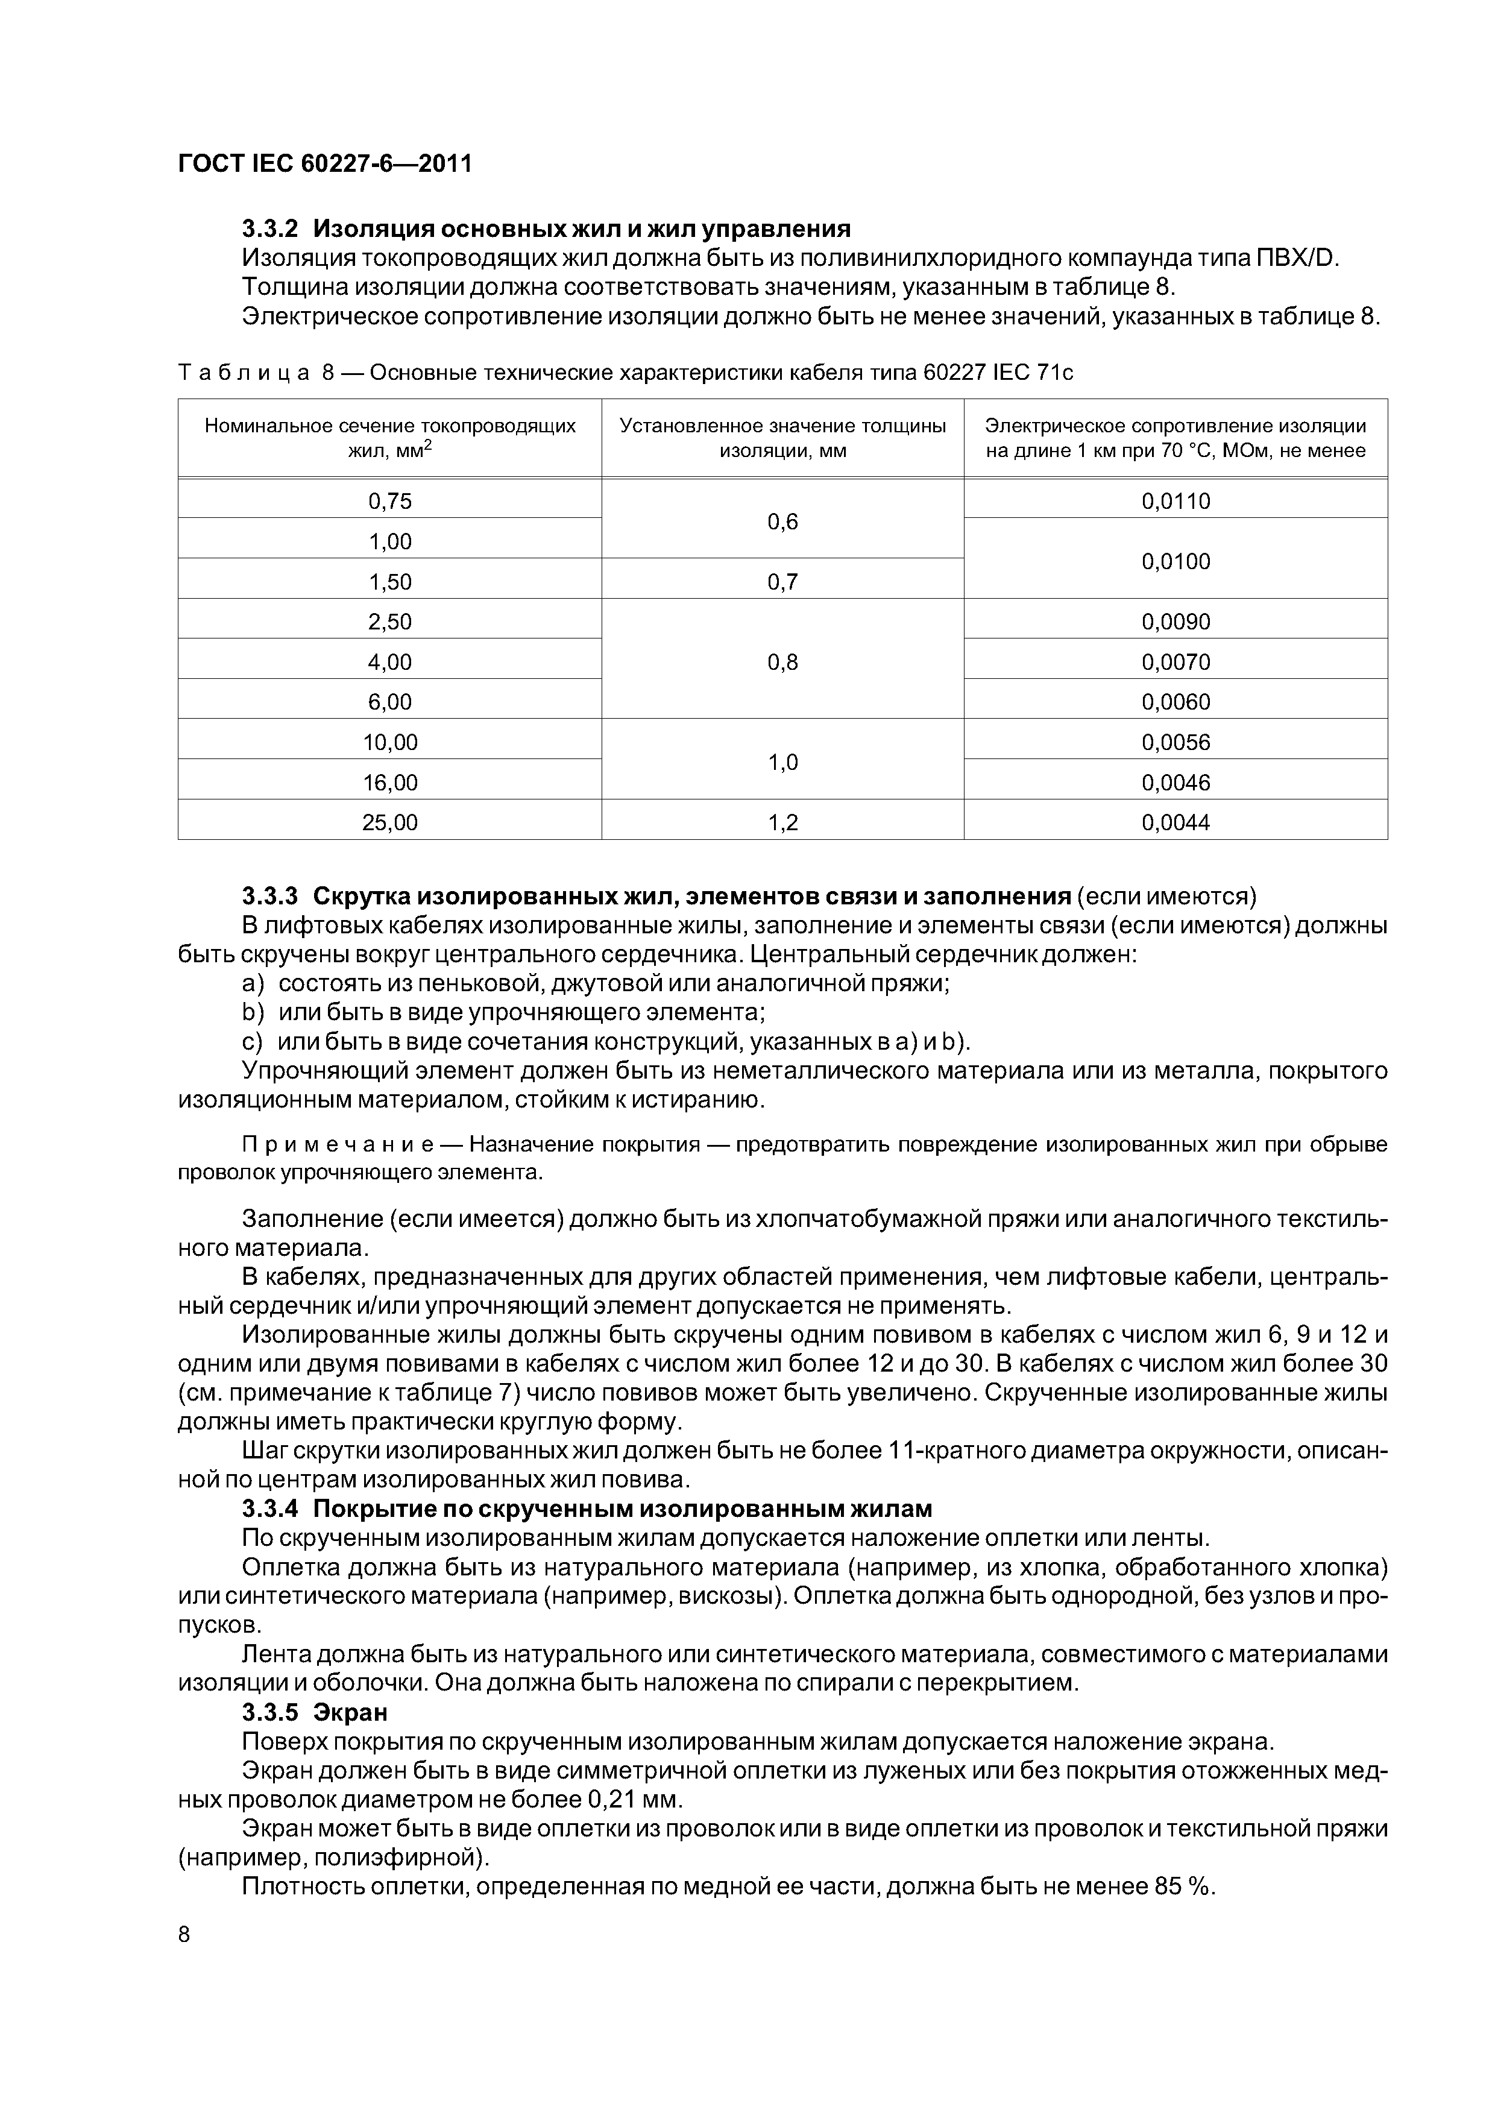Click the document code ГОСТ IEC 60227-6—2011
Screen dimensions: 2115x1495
324,164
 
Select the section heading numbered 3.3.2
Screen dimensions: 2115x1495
546,229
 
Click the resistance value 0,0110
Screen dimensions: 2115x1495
1176,501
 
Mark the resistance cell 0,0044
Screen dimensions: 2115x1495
1176,822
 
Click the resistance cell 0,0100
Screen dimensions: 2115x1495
1176,561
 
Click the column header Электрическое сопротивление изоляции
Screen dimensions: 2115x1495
1176,438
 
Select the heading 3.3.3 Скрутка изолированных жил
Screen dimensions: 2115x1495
656,897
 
